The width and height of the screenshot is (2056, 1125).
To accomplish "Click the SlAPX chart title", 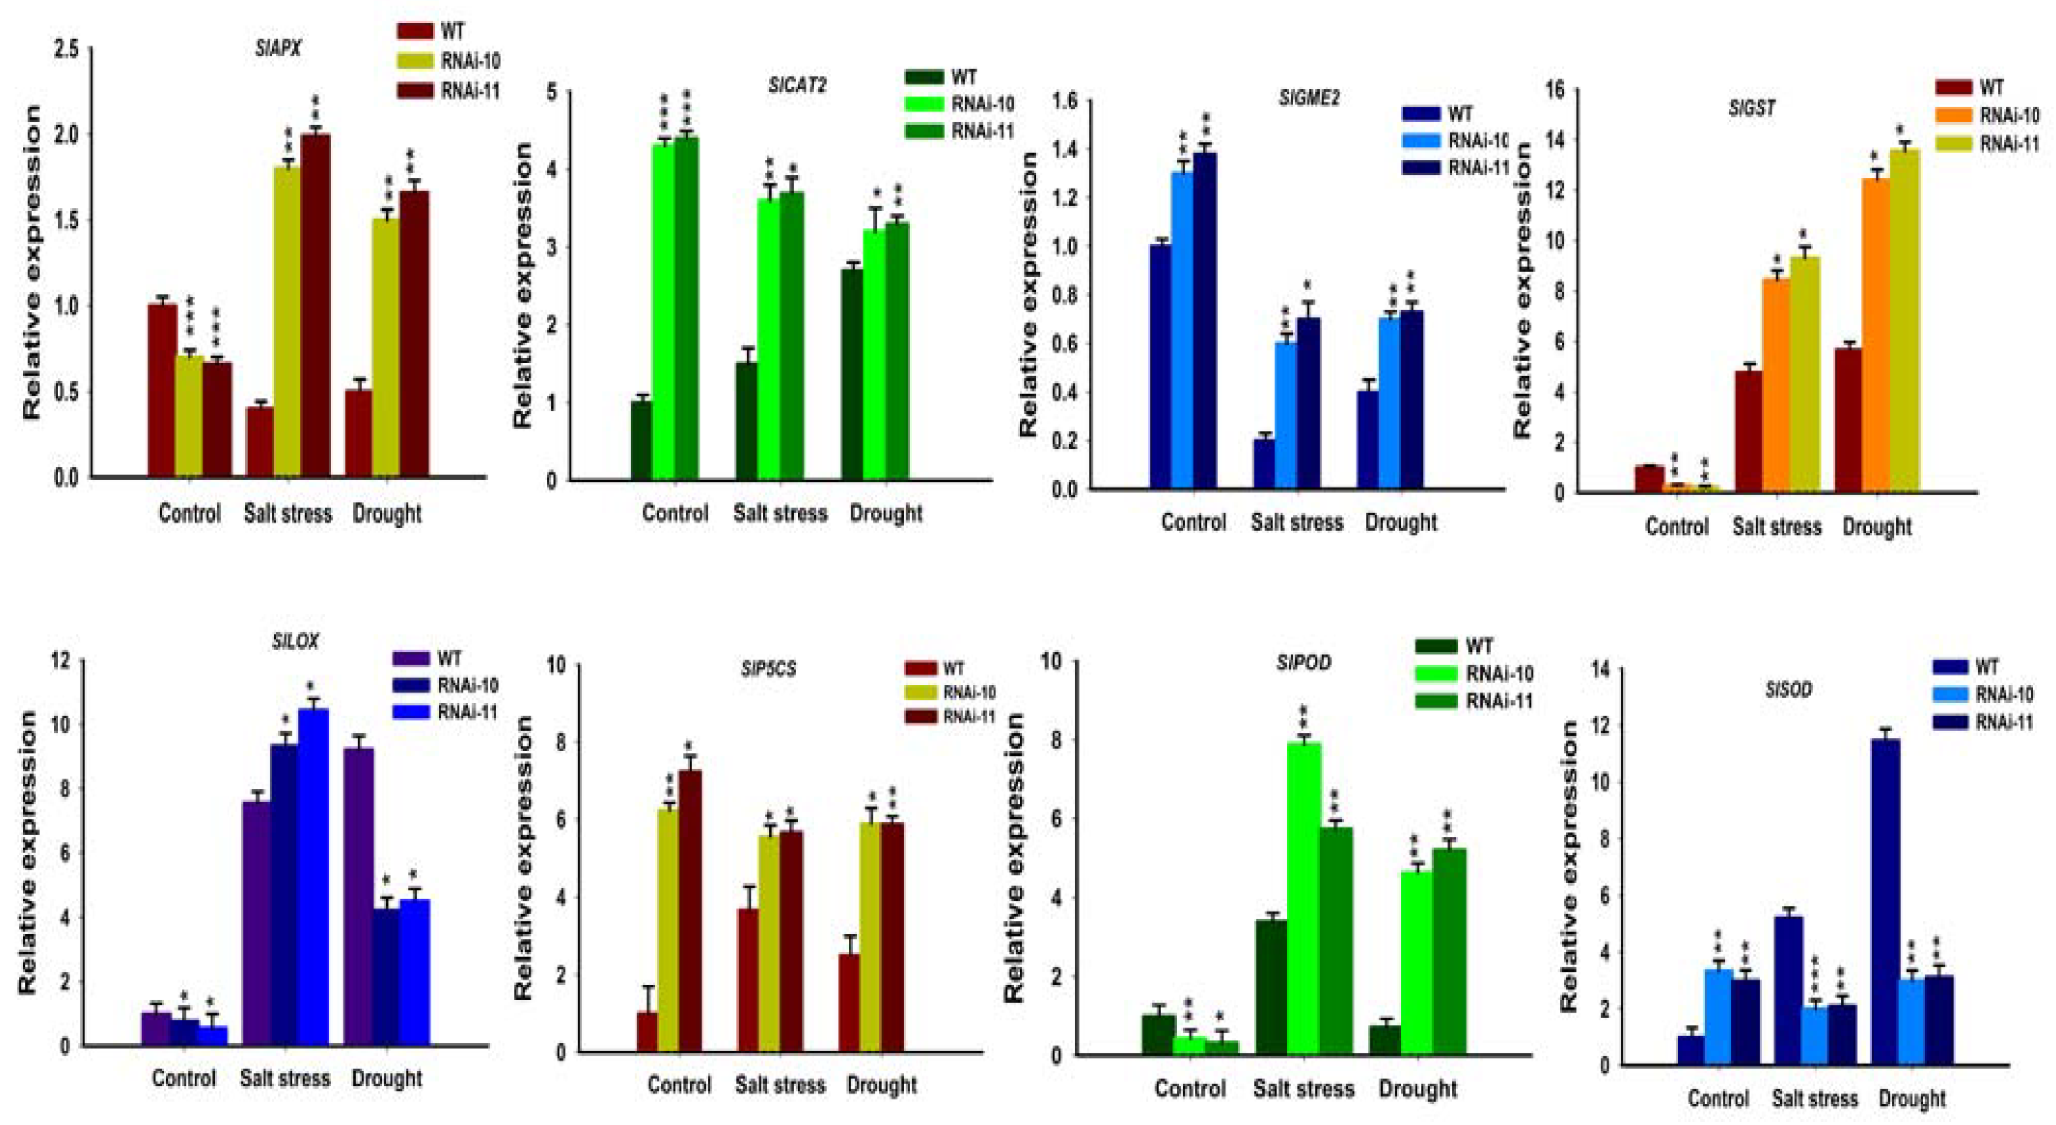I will (x=278, y=49).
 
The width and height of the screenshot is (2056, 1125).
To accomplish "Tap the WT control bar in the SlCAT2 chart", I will (x=641, y=440).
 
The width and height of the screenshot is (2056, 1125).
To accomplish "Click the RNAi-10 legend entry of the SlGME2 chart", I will (x=1476, y=140).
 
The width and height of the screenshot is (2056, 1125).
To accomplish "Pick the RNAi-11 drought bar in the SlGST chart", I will (x=1903, y=319).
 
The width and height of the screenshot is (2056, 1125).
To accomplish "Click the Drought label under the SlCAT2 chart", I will (x=885, y=513).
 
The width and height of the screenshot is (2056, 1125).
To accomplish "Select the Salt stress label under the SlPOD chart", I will (x=1302, y=1089).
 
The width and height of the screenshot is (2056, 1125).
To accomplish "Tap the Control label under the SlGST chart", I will (x=1677, y=527).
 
